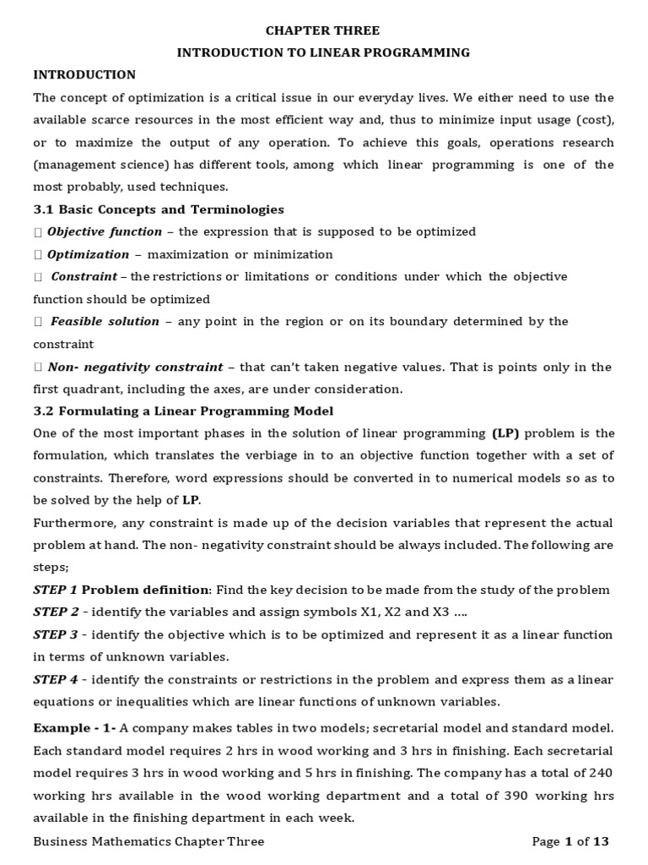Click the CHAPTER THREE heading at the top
(323, 30)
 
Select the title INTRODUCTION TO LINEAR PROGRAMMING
(323, 52)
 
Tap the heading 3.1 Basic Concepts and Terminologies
(159, 209)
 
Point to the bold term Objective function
(105, 231)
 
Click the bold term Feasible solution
(105, 321)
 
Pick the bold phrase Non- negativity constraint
(135, 367)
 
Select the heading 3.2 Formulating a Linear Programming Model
(183, 411)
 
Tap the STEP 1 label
(56, 590)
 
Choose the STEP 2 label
(56, 612)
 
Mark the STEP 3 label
(56, 634)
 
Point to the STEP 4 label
(56, 679)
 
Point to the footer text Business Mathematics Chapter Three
(148, 841)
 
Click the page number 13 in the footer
(599, 841)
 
